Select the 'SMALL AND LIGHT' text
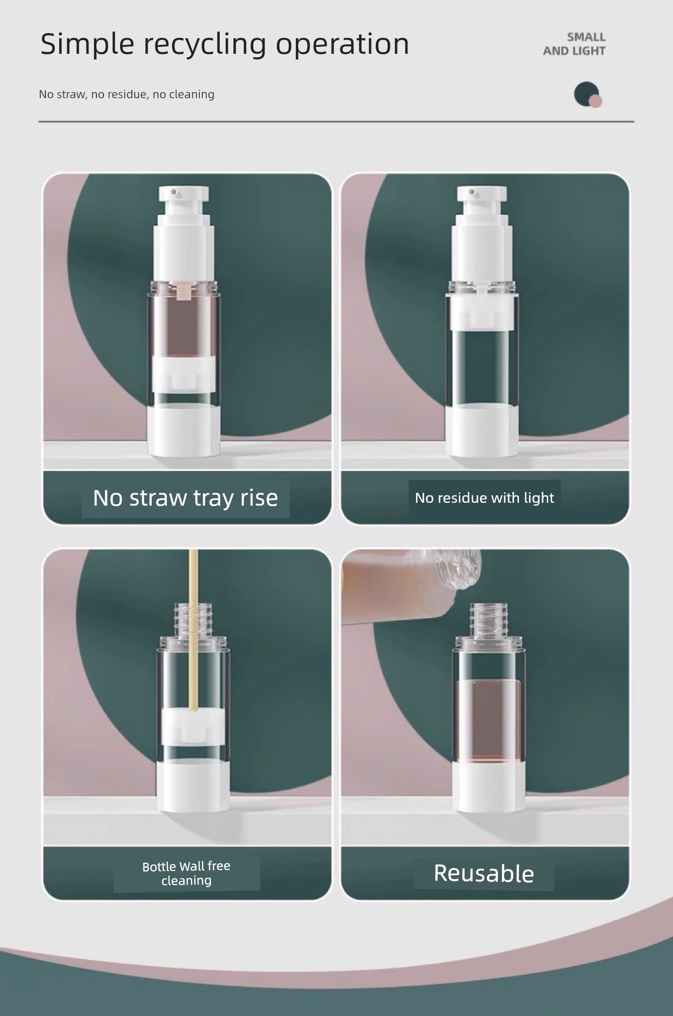pos(574,44)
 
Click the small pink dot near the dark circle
pos(596,101)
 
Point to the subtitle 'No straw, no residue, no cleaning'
pos(127,94)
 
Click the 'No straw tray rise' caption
pos(185,498)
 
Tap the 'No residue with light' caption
pos(484,498)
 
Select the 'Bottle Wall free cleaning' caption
pos(187,873)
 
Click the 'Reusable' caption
pos(484,873)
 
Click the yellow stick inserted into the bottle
pos(193,630)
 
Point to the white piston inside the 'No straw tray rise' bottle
pos(184,373)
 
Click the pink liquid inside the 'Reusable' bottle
pos(488,720)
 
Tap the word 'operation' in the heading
pos(343,45)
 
